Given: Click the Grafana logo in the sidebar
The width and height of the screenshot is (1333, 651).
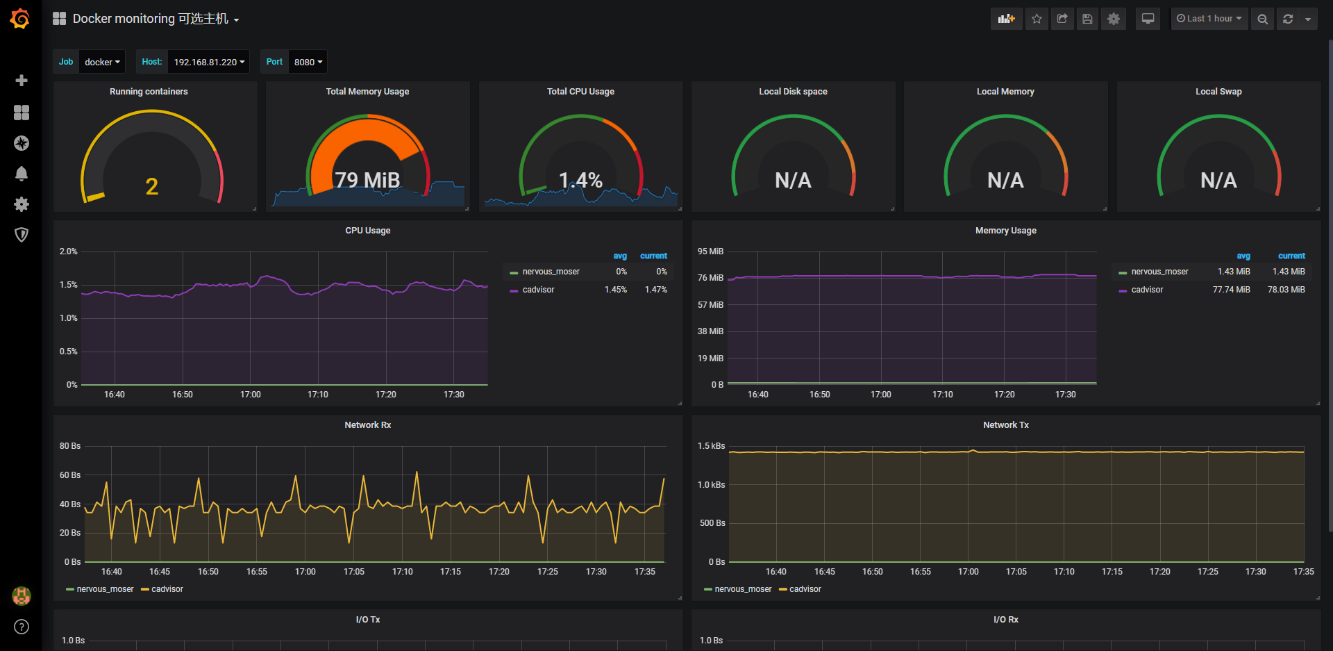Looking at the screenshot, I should coord(20,19).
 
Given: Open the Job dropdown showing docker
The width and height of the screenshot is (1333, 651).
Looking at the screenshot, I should coord(102,62).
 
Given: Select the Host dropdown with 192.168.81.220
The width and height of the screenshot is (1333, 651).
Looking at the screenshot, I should coord(208,62).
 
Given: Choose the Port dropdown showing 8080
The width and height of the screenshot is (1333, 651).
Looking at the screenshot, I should coord(308,62).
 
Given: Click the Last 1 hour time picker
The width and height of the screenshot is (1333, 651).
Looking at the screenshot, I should coord(1209,19).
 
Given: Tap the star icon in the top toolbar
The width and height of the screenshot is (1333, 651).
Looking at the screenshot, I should coord(1037,19).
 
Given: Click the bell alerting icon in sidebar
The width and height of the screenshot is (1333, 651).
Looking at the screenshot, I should coord(22,174).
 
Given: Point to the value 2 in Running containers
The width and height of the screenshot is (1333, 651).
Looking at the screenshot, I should coord(152,186).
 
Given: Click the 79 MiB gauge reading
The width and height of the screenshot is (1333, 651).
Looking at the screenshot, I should coord(367,180).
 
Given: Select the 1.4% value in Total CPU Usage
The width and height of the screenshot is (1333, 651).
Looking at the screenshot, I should coord(580,181).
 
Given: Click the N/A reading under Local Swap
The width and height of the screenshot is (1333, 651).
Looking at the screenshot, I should coord(1218,181).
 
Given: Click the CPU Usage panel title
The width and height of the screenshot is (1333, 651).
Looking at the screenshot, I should coord(368,231).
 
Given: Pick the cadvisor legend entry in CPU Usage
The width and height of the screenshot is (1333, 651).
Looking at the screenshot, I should coord(538,290).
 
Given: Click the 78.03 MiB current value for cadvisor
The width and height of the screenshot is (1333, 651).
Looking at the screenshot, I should coord(1286,290).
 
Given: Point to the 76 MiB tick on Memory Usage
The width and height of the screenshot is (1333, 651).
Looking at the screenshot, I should coord(710,278).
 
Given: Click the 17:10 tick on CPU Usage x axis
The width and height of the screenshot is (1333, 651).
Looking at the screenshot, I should coord(318,395).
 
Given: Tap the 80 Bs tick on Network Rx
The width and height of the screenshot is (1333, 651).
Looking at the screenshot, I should coord(70,446).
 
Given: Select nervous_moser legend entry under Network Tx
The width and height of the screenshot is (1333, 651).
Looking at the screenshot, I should coord(743,589).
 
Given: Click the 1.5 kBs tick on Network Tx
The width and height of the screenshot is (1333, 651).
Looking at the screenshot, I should coord(711,446).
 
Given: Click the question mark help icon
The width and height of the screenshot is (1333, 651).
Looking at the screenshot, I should coord(22,627).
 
